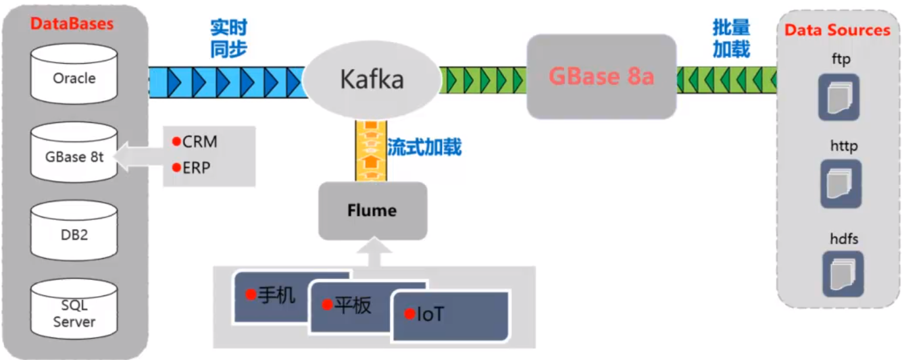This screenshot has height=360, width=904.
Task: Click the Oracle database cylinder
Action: pyautogui.click(x=74, y=78)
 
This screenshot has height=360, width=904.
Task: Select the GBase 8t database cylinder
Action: pyautogui.click(x=74, y=156)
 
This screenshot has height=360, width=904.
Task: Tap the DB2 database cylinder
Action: pyautogui.click(x=74, y=234)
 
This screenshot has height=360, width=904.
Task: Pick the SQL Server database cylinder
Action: pyautogui.click(x=74, y=313)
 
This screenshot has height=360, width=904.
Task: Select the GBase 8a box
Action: pyautogui.click(x=601, y=77)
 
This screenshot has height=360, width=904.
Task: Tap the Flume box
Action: pyautogui.click(x=372, y=211)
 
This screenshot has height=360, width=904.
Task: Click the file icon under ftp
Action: pyautogui.click(x=839, y=97)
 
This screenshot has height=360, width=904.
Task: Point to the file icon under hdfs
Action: pyautogui.click(x=842, y=273)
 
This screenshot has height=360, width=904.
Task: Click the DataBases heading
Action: pyautogui.click(x=72, y=24)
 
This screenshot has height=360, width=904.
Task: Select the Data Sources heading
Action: pyautogui.click(x=837, y=30)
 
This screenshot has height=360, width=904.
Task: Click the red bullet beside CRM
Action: pyautogui.click(x=176, y=141)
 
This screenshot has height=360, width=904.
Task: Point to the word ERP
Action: pyautogui.click(x=197, y=168)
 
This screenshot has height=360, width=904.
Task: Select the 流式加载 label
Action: pyautogui.click(x=424, y=147)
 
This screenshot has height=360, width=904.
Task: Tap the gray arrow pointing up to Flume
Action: pyautogui.click(x=373, y=254)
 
